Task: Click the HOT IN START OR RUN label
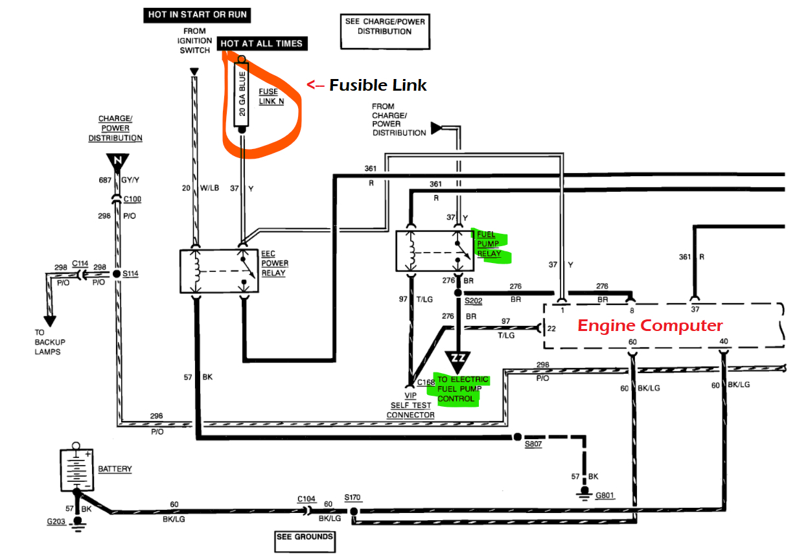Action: click(x=197, y=14)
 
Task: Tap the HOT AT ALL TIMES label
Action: click(x=262, y=43)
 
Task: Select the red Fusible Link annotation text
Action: click(x=378, y=85)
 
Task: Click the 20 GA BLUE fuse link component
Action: click(x=242, y=95)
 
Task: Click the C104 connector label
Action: click(x=306, y=498)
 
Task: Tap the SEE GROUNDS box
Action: click(x=305, y=537)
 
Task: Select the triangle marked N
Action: click(x=118, y=163)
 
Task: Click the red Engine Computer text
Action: click(x=649, y=325)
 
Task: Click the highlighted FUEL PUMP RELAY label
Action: click(x=489, y=244)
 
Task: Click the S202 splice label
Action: click(x=474, y=301)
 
